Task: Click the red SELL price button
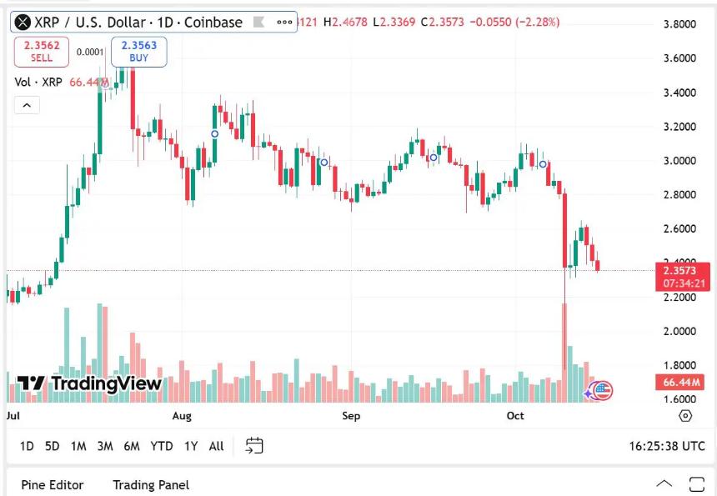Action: tap(42, 52)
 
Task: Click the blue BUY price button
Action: tap(138, 52)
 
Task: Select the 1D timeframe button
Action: tap(27, 446)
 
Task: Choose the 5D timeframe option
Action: tap(52, 446)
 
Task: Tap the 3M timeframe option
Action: tap(104, 446)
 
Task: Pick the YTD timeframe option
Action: tap(161, 446)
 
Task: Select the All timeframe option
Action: tap(216, 446)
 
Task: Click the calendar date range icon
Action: tap(254, 446)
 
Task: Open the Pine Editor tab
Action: tap(53, 484)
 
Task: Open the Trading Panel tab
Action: tap(151, 484)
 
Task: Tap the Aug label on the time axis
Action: tap(181, 415)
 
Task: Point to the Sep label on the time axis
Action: tap(351, 415)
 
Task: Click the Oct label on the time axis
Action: tap(515, 415)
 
